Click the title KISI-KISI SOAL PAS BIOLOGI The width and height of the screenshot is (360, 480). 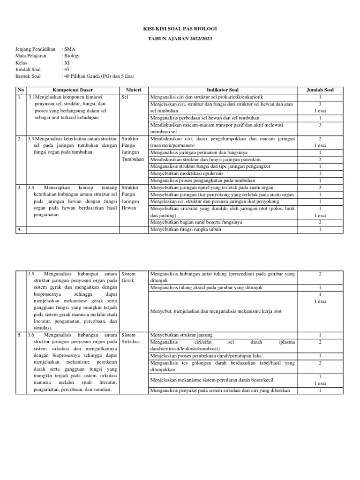pos(180,29)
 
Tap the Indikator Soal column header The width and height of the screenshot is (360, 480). pos(222,90)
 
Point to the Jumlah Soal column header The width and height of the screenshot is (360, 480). pos(320,90)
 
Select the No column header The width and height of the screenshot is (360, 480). pos(20,90)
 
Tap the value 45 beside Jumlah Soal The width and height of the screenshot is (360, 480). pos(66,69)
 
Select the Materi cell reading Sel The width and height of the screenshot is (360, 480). pos(125,97)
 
